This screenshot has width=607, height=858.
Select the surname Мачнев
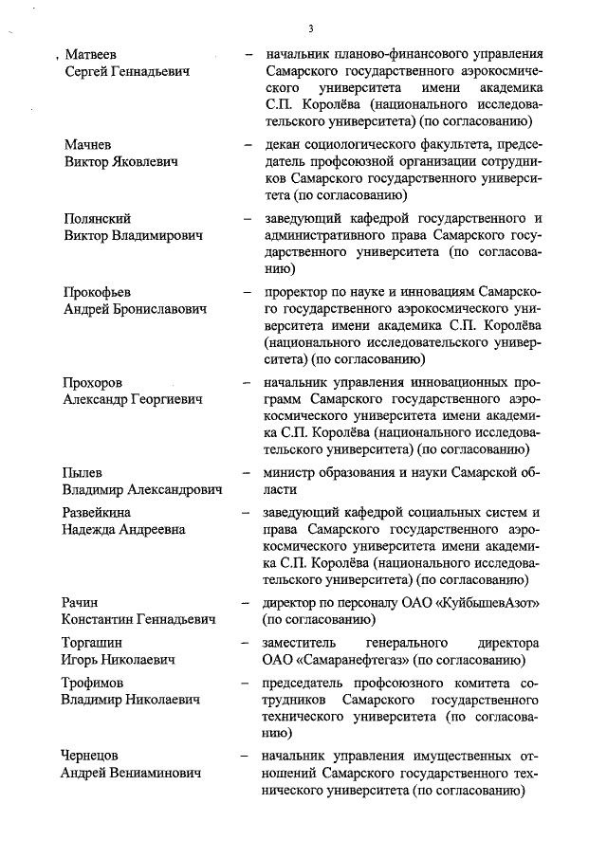[x=88, y=145]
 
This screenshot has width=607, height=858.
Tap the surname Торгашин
[x=93, y=643]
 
